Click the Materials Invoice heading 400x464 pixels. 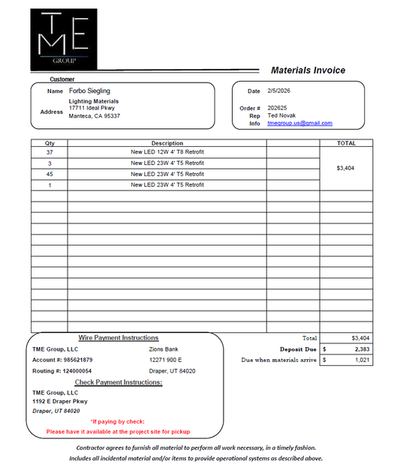(x=308, y=70)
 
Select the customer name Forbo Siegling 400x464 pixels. (x=89, y=91)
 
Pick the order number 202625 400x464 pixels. (x=277, y=108)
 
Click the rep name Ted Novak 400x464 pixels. (x=281, y=115)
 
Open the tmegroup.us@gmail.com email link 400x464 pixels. (x=299, y=123)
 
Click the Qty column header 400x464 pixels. (x=50, y=143)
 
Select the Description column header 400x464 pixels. (x=167, y=143)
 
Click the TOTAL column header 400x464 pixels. (x=347, y=143)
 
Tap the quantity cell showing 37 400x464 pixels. (x=50, y=151)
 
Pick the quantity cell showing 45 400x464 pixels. (x=50, y=174)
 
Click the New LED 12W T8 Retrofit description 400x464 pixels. (x=167, y=151)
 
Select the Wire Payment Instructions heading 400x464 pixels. (x=119, y=338)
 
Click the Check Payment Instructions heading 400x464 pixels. (x=119, y=382)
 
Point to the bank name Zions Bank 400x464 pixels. (x=164, y=349)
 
